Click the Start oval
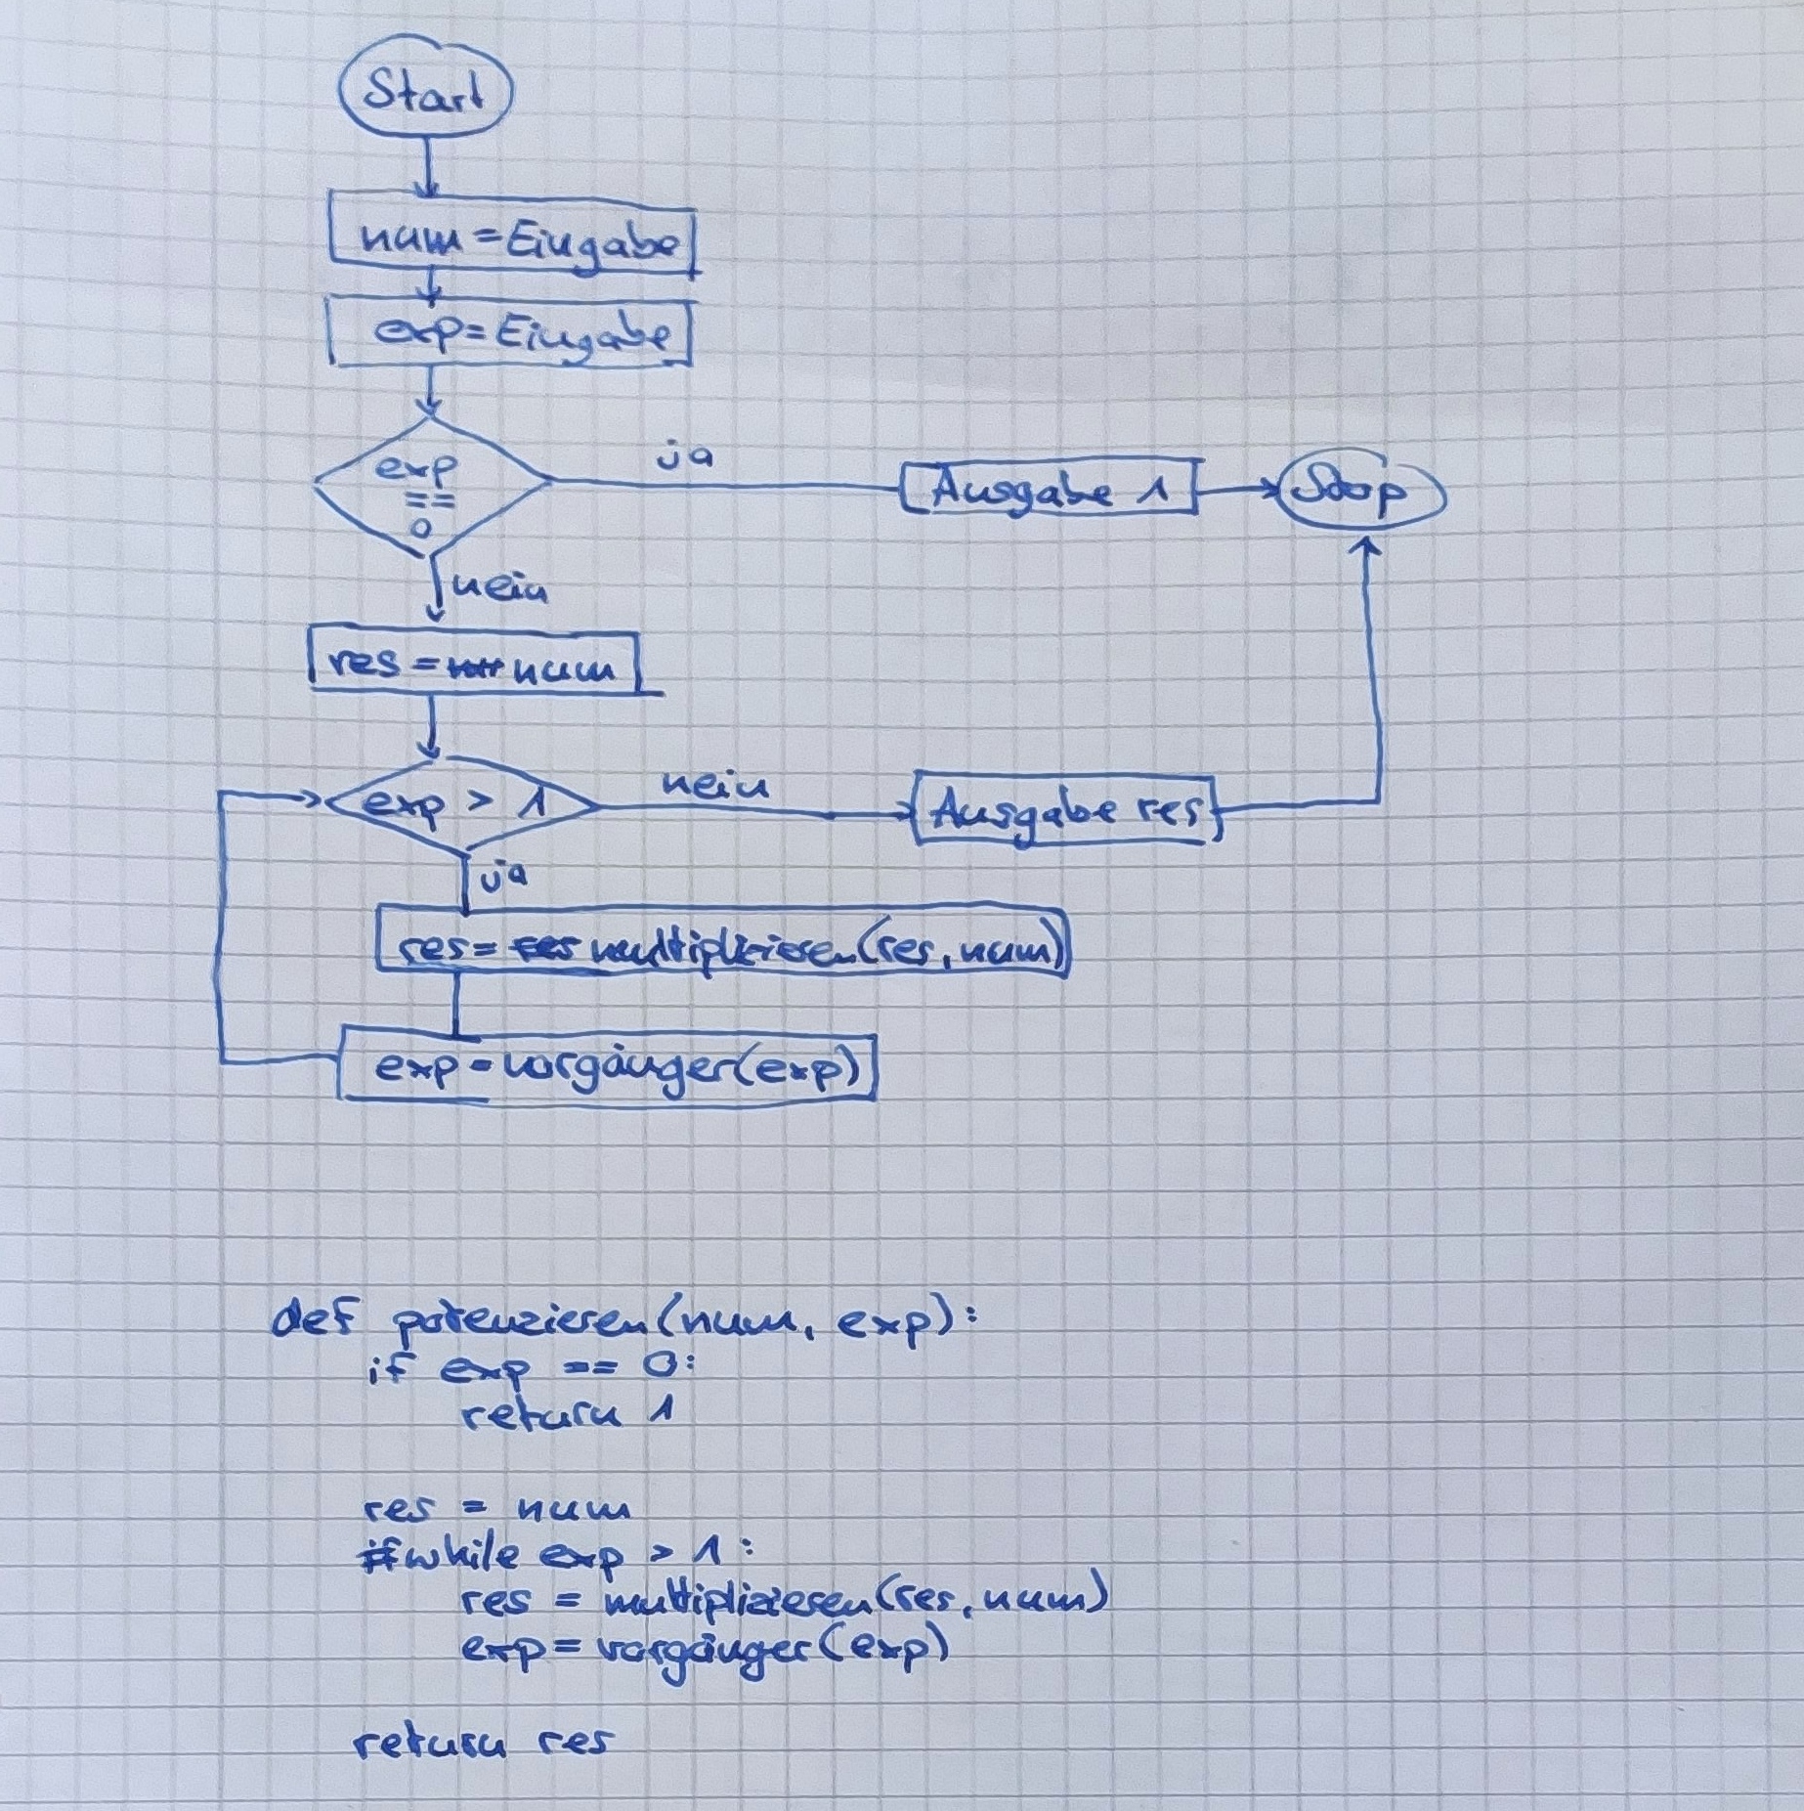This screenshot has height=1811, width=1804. (x=425, y=94)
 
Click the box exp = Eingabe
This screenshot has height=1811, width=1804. (x=510, y=335)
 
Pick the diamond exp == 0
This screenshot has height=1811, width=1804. (x=430, y=486)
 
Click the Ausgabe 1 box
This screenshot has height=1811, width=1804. (x=1050, y=489)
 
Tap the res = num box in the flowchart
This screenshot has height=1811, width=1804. (x=474, y=666)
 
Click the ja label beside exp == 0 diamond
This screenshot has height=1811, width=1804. (x=684, y=456)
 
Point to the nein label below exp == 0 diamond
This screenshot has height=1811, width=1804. (x=500, y=588)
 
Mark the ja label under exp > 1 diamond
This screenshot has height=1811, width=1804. (x=503, y=877)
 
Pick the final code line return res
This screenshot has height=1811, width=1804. (x=482, y=1742)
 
